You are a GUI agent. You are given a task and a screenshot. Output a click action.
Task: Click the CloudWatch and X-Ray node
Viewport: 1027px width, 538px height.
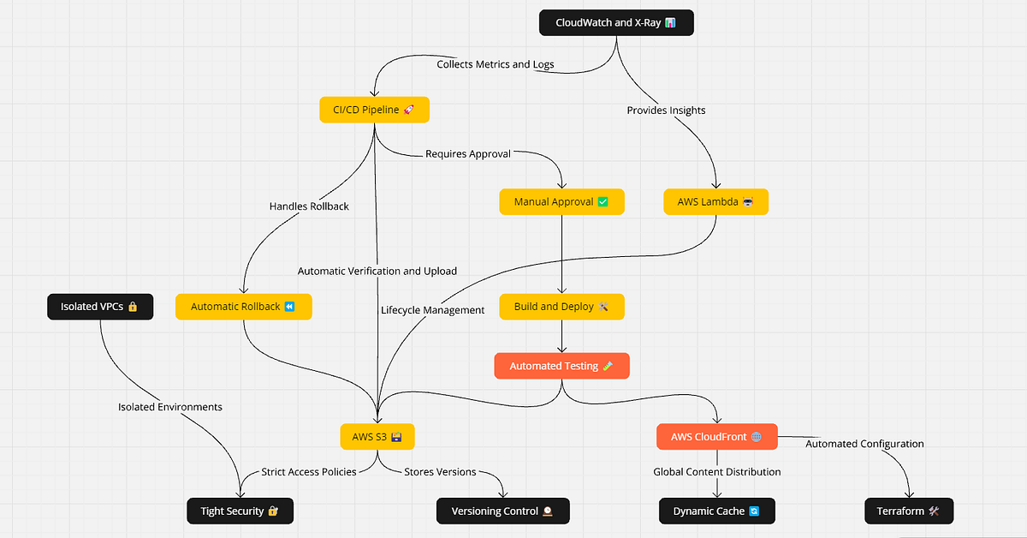click(x=616, y=22)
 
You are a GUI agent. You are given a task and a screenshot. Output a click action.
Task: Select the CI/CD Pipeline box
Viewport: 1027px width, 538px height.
click(x=374, y=110)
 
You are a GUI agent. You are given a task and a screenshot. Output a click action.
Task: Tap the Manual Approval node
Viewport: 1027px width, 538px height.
click(x=561, y=202)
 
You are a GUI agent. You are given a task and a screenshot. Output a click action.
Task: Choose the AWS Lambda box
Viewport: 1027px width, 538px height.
click(x=716, y=202)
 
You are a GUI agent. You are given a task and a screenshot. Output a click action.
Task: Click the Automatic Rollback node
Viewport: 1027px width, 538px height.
click(x=243, y=307)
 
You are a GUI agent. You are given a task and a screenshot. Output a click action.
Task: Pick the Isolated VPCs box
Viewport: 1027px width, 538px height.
click(x=100, y=307)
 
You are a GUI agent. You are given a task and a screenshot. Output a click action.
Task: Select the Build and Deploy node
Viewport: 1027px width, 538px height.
click(x=561, y=307)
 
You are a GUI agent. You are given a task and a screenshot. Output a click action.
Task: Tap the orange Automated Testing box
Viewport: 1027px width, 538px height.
click(x=561, y=366)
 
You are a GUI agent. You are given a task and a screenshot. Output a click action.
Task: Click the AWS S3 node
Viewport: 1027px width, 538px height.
click(x=377, y=437)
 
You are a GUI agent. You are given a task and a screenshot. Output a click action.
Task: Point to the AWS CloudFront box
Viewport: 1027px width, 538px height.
click(x=716, y=437)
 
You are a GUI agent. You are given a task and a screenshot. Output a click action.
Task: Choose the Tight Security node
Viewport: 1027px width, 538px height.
click(x=240, y=511)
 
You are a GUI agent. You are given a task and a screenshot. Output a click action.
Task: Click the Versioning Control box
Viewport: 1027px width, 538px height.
click(x=502, y=511)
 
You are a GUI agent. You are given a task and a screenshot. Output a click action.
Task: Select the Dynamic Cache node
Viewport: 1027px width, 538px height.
click(x=716, y=511)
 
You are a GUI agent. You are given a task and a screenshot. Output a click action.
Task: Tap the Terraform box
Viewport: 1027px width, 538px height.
click(x=909, y=511)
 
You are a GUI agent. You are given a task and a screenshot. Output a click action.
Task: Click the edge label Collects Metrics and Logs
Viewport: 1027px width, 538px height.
click(x=496, y=64)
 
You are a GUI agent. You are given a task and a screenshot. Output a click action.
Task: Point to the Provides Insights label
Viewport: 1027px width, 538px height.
click(x=666, y=111)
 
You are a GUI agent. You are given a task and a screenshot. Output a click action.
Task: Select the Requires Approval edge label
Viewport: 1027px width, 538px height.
click(x=468, y=154)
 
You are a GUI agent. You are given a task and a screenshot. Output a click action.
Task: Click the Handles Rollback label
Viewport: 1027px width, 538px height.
click(x=309, y=206)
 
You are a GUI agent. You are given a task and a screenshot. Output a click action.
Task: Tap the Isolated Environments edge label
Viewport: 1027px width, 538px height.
click(x=170, y=407)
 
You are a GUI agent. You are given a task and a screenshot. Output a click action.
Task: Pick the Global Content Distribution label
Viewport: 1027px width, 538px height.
click(x=717, y=472)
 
